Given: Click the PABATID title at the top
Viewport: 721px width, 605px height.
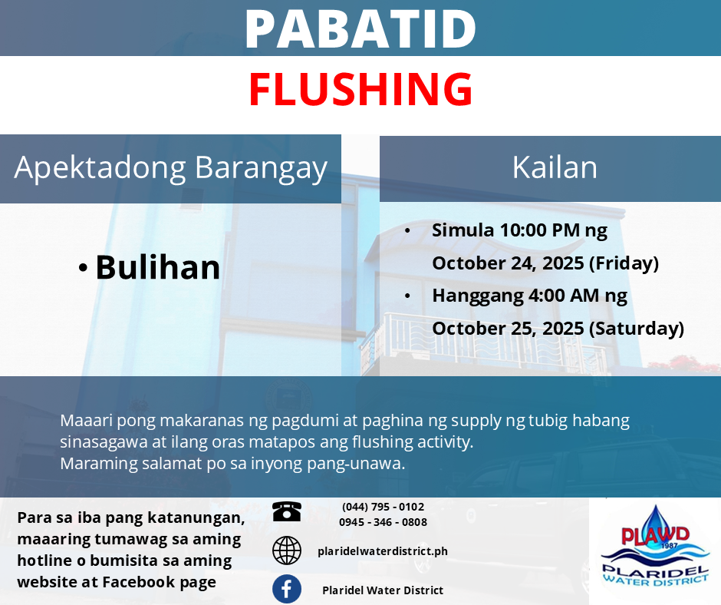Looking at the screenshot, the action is tap(360, 28).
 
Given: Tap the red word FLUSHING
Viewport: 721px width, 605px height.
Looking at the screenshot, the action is tap(360, 89).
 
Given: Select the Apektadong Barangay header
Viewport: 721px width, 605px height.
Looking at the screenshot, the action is tap(170, 168).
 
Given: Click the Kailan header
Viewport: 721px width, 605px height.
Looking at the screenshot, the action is tap(555, 167).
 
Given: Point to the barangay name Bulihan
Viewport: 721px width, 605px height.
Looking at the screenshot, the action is tap(158, 267).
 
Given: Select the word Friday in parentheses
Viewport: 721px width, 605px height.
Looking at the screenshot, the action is tap(624, 263).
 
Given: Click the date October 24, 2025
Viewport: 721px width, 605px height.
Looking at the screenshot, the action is tap(508, 263).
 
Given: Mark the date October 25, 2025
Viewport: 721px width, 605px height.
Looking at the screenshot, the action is tap(508, 329).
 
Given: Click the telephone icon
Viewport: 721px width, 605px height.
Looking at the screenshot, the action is tap(286, 511).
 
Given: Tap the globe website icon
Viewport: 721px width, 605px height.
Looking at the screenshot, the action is tap(286, 550).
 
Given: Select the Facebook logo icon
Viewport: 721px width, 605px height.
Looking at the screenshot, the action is tap(286, 589).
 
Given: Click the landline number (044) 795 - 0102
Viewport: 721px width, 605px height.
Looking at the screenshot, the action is tap(383, 507).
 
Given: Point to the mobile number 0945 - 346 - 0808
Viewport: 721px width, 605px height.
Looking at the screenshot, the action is tap(383, 522).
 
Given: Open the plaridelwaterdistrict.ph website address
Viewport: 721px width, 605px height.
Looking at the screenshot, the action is tap(383, 551).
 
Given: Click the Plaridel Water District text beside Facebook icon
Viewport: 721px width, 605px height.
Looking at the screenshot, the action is tap(383, 590).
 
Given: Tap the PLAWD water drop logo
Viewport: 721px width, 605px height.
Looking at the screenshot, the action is tap(655, 549).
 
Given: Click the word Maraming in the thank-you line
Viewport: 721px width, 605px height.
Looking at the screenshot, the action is tap(99, 464).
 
